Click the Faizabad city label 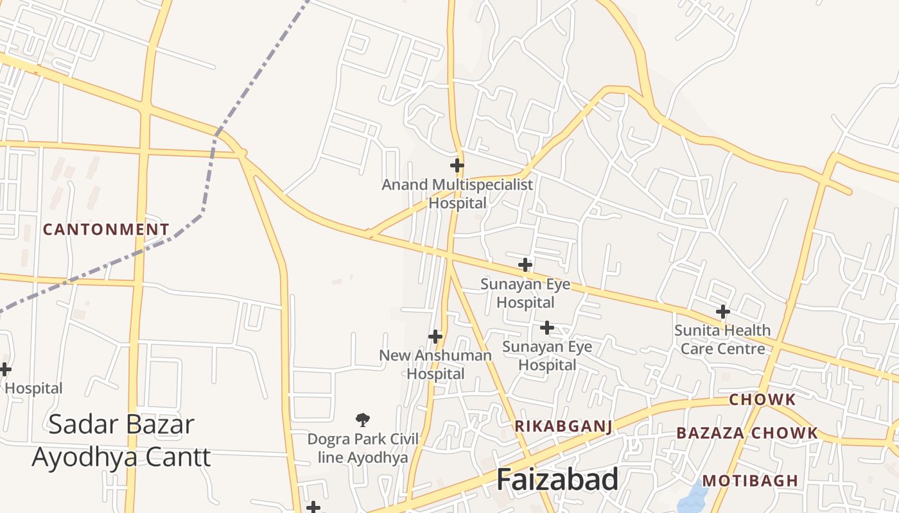(557, 480)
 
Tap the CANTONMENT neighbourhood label (106, 230)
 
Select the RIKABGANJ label (563, 426)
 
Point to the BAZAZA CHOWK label (747, 433)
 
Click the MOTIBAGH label (750, 481)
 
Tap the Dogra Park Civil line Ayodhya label (363, 448)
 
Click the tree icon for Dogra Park (363, 420)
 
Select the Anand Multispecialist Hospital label (457, 194)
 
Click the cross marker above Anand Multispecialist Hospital (457, 165)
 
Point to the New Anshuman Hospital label (435, 364)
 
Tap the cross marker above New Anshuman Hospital (435, 336)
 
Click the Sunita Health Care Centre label (722, 339)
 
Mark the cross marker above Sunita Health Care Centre (723, 312)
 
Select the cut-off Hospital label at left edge (33, 389)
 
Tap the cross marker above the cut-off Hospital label (5, 369)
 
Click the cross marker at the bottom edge (313, 507)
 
